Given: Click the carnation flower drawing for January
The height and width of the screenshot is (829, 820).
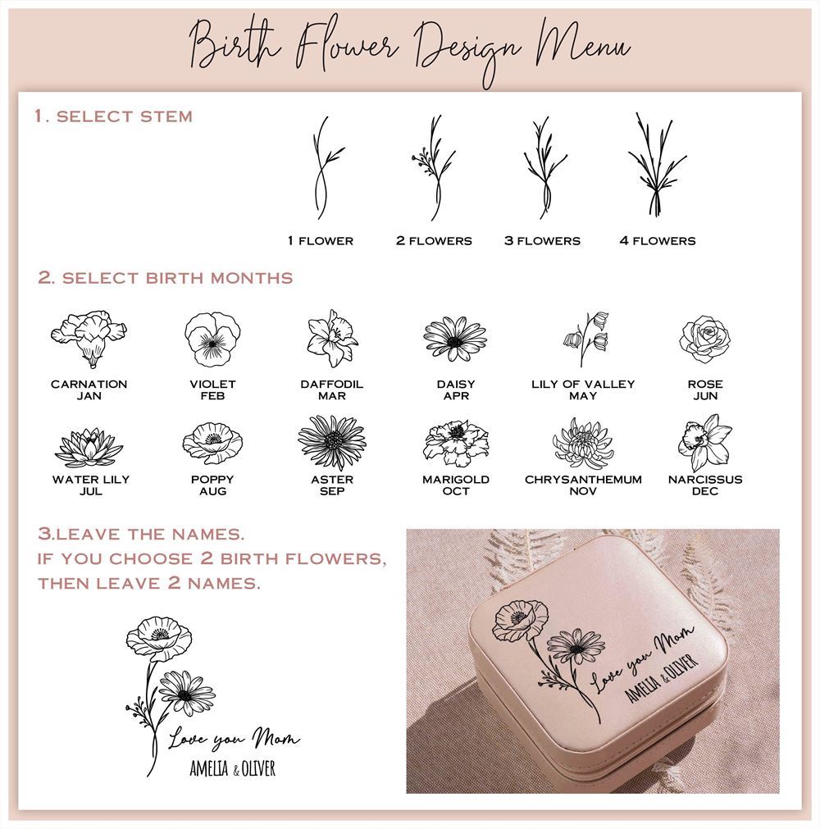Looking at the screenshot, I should (89, 339).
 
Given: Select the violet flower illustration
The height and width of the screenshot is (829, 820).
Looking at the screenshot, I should (212, 339).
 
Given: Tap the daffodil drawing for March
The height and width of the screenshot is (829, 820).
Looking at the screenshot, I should (332, 338).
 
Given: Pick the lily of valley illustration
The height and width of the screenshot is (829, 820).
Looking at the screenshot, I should (585, 338).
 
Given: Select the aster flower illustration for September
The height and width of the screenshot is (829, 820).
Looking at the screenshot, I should (332, 443).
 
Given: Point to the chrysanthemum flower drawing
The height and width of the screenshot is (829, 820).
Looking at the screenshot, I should (583, 444).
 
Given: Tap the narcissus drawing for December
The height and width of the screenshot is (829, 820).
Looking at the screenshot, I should (704, 443).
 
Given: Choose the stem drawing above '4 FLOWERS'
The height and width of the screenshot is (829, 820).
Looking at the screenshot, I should (657, 166).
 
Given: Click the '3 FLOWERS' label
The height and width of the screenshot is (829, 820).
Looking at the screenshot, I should (542, 241).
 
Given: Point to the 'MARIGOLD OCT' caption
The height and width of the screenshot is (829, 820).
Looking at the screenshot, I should (456, 485).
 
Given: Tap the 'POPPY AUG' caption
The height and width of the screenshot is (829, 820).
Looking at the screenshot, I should (212, 485).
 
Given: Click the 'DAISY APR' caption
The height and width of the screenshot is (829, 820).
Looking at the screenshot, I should (456, 389).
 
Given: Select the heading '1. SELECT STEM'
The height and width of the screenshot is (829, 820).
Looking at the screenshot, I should (114, 116).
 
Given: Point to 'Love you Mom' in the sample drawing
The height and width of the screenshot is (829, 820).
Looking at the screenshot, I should (234, 740).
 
